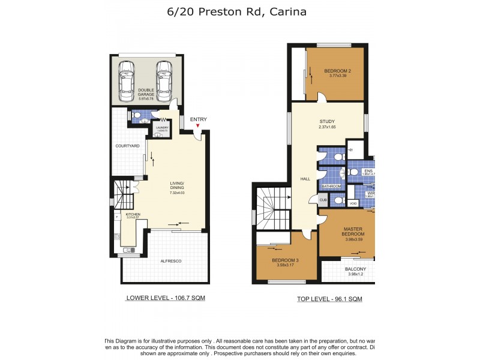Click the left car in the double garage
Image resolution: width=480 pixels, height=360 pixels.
point(126,81)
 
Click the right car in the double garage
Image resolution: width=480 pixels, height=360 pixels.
point(164,81)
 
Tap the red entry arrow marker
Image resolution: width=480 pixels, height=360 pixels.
point(199,126)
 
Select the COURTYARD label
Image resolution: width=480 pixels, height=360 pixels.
point(127,146)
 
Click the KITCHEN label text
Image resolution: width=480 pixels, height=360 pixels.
point(133,214)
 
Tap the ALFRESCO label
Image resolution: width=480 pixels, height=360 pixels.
point(171,261)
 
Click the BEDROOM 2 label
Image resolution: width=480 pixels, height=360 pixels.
point(338,71)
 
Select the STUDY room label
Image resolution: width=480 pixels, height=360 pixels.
point(327,122)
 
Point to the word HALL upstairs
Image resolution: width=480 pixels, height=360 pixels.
point(305,179)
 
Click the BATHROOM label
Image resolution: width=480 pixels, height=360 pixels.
point(331,187)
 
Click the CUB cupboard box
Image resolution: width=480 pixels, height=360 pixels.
point(323,200)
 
